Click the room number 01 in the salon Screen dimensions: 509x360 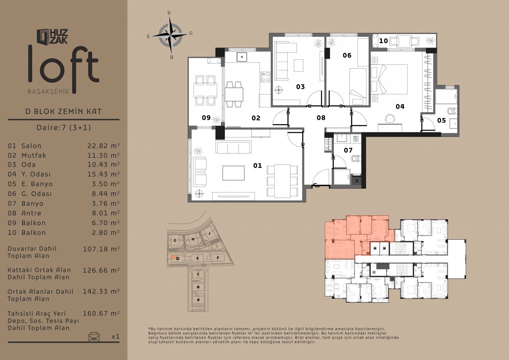tap(257, 165)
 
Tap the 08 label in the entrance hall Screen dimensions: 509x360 tap(321, 117)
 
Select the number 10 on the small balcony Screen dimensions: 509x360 tap(383, 41)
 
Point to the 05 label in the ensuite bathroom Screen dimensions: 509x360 tap(442, 120)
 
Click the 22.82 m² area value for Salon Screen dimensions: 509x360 tap(103, 145)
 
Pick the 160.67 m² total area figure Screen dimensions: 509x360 tap(101, 313)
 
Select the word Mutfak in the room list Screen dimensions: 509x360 tap(34, 155)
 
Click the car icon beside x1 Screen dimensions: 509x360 tap(94, 336)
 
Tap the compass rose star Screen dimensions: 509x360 tap(170, 35)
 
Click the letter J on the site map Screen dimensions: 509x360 tap(209, 233)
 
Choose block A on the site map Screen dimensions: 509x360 tap(198, 300)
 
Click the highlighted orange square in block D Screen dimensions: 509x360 tap(173, 257)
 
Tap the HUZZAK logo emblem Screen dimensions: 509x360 tap(43, 36)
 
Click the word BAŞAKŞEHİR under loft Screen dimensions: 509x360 tap(48, 92)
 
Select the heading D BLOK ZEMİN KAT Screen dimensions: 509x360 tap(64, 111)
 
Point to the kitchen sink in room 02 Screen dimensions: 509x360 tap(242, 57)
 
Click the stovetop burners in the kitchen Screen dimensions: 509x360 tap(266, 77)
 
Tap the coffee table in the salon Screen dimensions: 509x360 tap(234, 173)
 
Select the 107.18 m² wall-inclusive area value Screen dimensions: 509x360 tap(101, 249)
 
